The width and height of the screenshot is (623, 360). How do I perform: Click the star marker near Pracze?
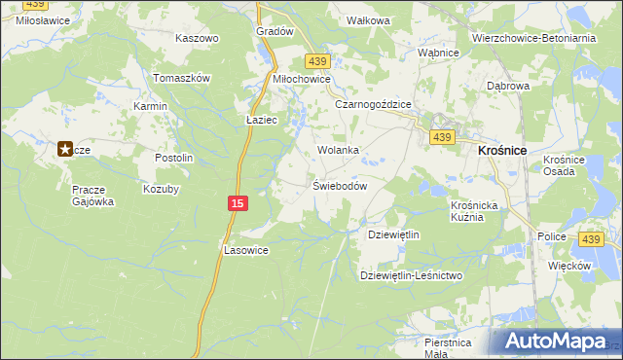[65, 149]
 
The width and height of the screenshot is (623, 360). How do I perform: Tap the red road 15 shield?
[238, 202]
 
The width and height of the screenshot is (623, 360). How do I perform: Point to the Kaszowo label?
[197, 38]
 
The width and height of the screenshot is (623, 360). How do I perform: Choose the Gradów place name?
[275, 31]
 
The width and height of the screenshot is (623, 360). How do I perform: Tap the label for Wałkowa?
[369, 20]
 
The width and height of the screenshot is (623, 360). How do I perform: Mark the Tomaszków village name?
[182, 78]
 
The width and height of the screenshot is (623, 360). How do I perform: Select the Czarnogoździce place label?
[374, 103]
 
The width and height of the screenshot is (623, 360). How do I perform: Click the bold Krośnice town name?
[502, 151]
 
